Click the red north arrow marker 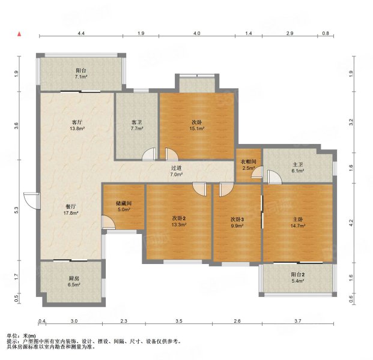point(19,34)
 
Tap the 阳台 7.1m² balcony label point(81,74)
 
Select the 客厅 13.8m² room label point(77,125)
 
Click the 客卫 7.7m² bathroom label point(138,125)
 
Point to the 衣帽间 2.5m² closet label point(249,164)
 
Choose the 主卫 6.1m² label point(297,167)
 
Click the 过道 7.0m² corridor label point(177,171)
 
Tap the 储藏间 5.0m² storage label point(124,206)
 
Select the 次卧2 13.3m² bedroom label point(178,221)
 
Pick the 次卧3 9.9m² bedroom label point(237,222)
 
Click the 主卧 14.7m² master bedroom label point(298,223)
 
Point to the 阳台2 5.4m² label point(298,278)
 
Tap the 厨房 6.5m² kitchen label point(73,281)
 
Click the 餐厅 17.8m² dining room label point(71,210)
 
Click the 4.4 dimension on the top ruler point(81,33)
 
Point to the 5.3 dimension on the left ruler point(16,210)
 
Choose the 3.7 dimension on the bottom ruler point(298,321)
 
